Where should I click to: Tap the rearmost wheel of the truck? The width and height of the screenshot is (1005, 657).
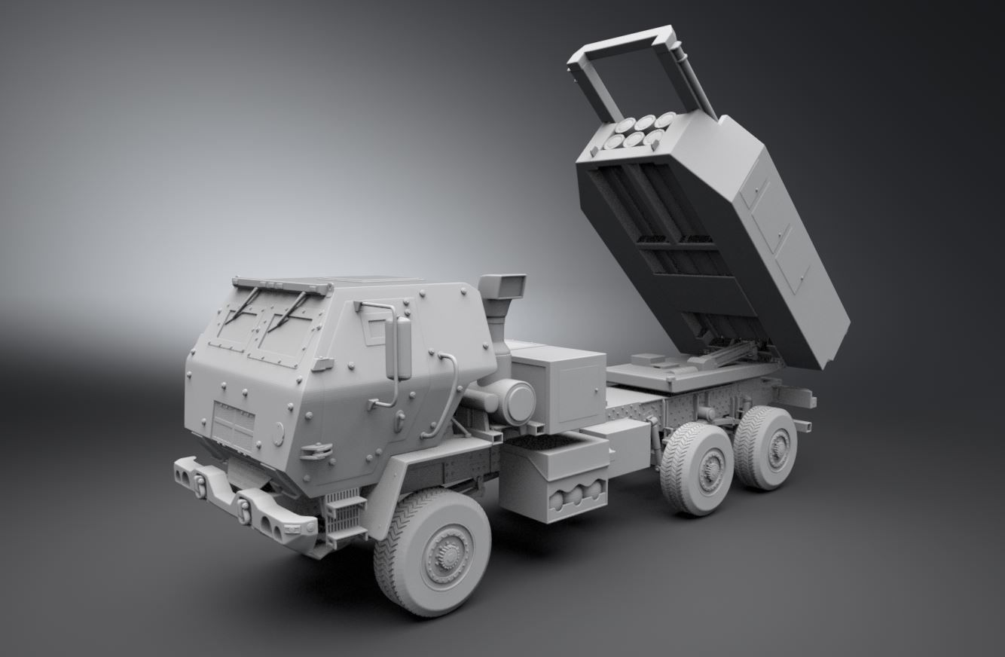tap(766, 448)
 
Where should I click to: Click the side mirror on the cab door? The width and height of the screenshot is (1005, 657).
tap(399, 347)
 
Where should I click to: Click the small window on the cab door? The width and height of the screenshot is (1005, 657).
tap(374, 328)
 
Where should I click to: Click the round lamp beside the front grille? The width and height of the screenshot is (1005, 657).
tap(279, 433)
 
